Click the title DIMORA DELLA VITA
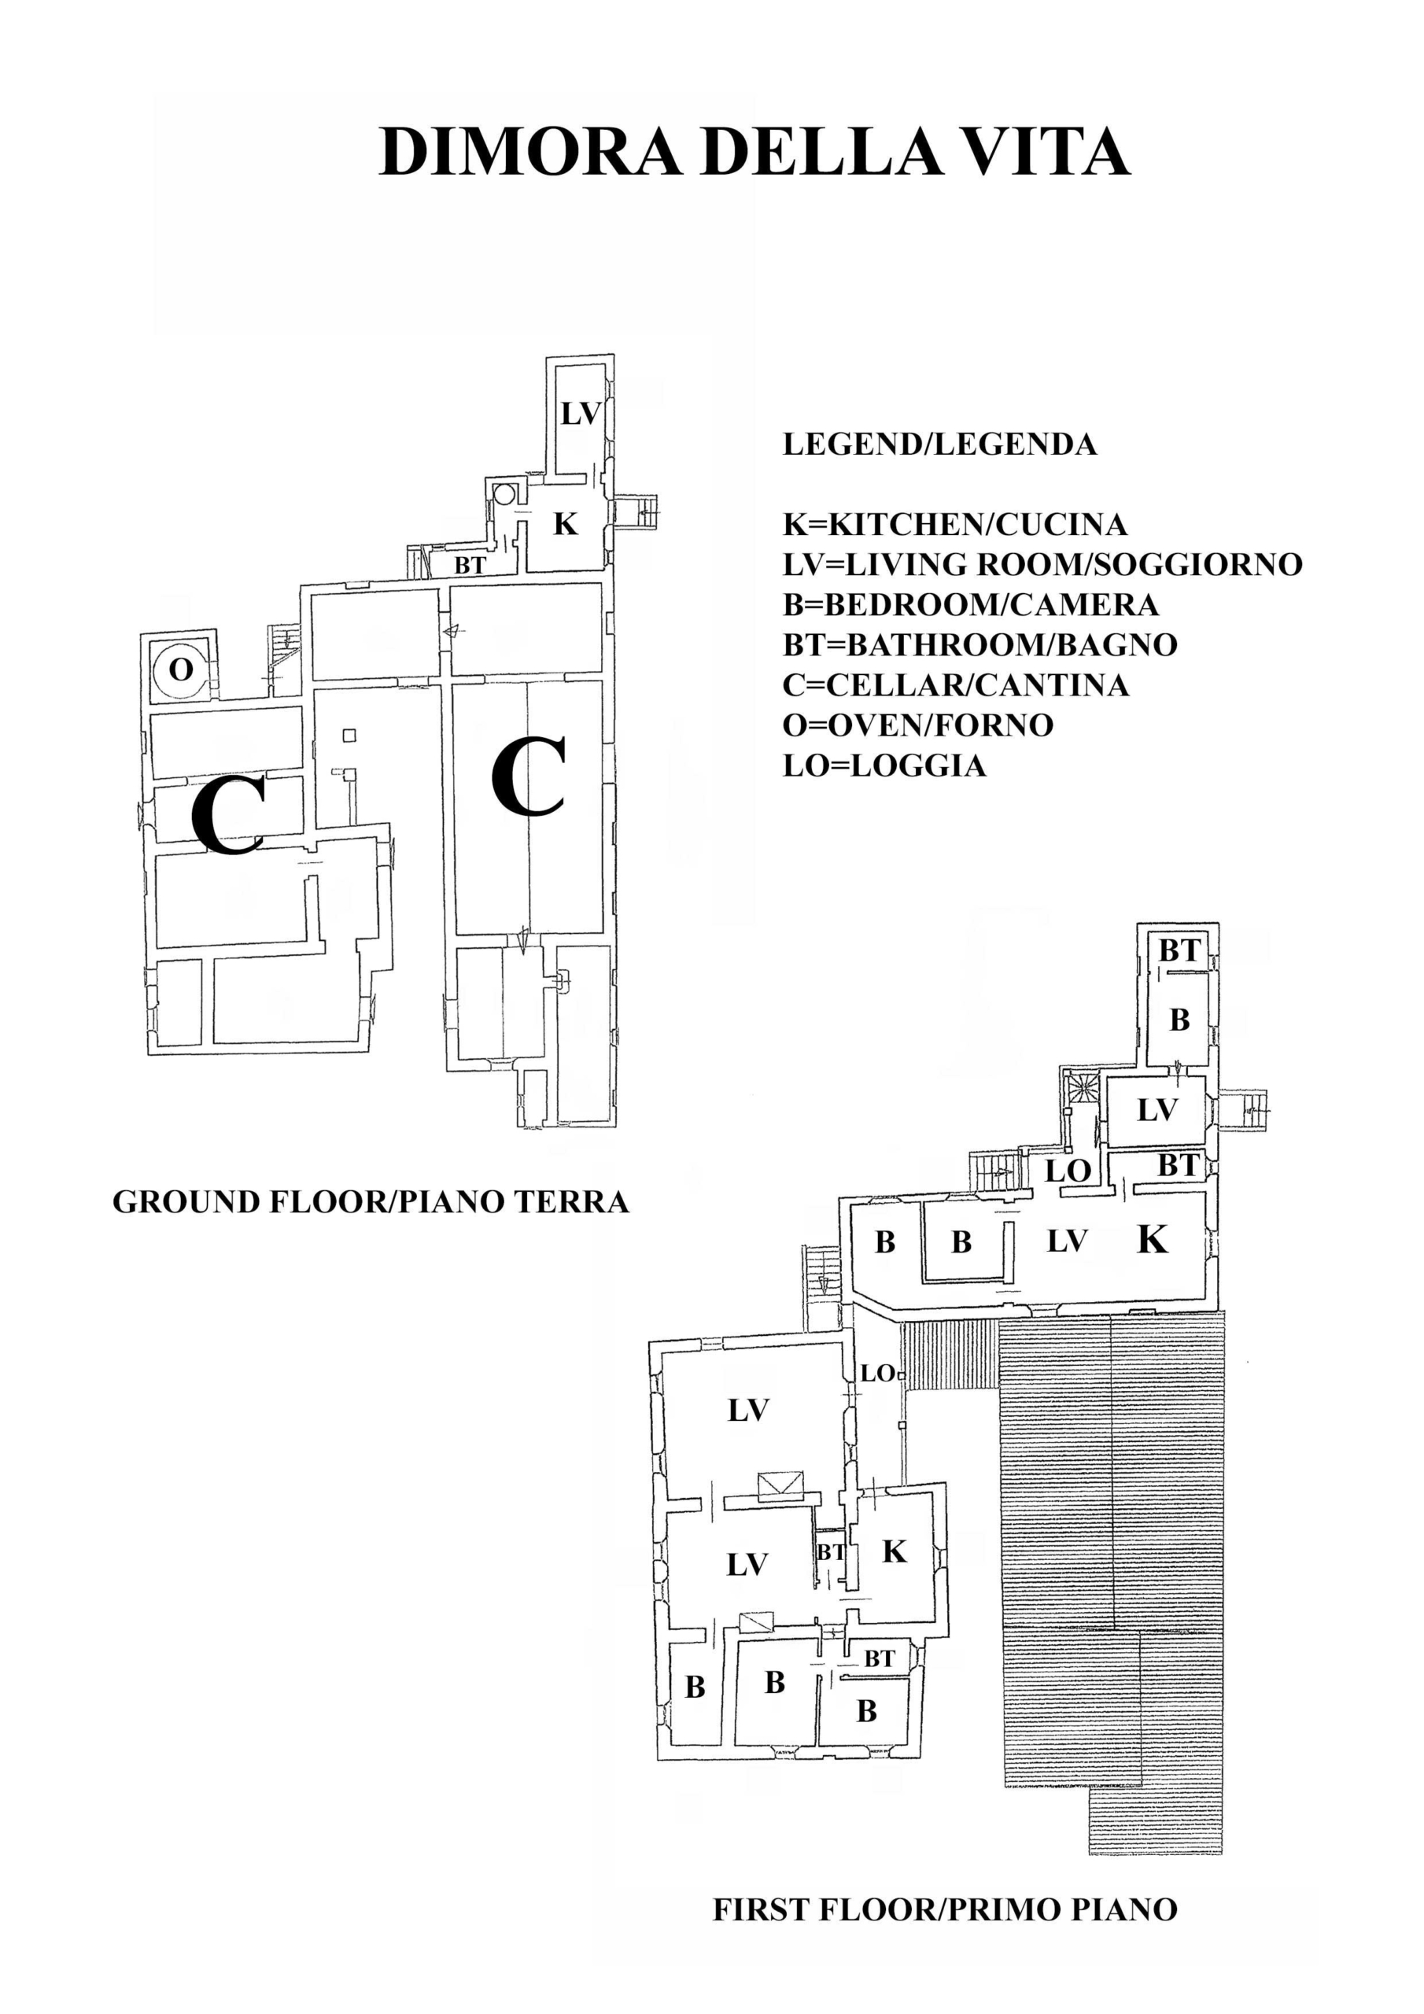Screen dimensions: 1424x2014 (754, 153)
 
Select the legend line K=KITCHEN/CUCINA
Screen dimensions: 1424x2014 (954, 525)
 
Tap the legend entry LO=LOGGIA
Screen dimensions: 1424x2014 (884, 765)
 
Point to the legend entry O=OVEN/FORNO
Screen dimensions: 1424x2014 (918, 725)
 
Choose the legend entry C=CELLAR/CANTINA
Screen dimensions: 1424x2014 (955, 685)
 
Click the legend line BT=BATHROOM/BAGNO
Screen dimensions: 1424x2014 (980, 645)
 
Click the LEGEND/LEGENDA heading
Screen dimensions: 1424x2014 (939, 444)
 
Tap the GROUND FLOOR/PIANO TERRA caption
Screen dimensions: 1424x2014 (371, 1202)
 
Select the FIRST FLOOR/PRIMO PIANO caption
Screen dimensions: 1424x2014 (945, 1909)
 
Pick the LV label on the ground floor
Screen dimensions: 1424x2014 (581, 413)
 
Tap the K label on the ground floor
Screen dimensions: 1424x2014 (566, 524)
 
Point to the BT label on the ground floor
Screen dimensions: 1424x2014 (470, 566)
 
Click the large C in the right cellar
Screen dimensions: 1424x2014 (527, 776)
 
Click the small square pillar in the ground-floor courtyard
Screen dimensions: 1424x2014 (350, 734)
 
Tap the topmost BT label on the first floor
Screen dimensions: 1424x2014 (1179, 950)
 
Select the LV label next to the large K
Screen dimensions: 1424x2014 (1068, 1241)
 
